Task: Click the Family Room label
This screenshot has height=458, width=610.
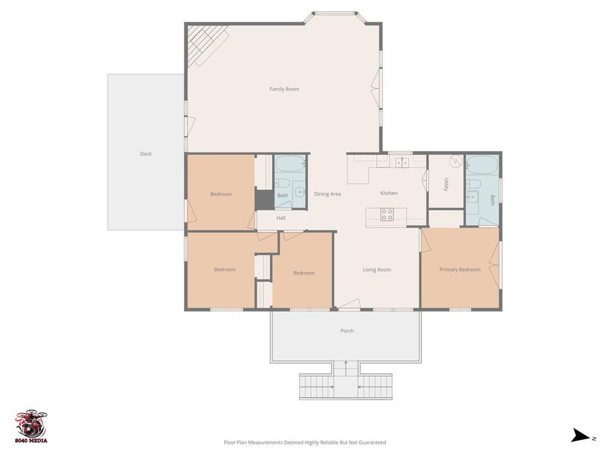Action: pos(284,89)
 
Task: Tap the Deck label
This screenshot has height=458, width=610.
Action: pos(146,154)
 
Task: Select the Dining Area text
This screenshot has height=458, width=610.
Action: pos(327,194)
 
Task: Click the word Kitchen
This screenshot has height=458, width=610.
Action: pos(388,193)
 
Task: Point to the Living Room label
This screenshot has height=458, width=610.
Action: pos(376,270)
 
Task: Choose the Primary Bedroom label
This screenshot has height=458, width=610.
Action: pos(460,270)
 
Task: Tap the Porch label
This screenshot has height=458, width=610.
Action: pos(347,331)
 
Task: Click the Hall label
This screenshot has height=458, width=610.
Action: pos(281,218)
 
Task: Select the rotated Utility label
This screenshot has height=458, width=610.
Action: pos(446,184)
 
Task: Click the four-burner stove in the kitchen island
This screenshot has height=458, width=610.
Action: pos(387,214)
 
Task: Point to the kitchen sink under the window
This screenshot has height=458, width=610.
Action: pos(402,162)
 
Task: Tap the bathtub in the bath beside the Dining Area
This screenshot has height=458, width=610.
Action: pos(290,163)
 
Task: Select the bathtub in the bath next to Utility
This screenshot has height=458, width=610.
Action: pos(482,165)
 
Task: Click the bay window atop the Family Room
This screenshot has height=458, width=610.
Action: pos(335,15)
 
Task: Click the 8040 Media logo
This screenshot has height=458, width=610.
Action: pos(32,426)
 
